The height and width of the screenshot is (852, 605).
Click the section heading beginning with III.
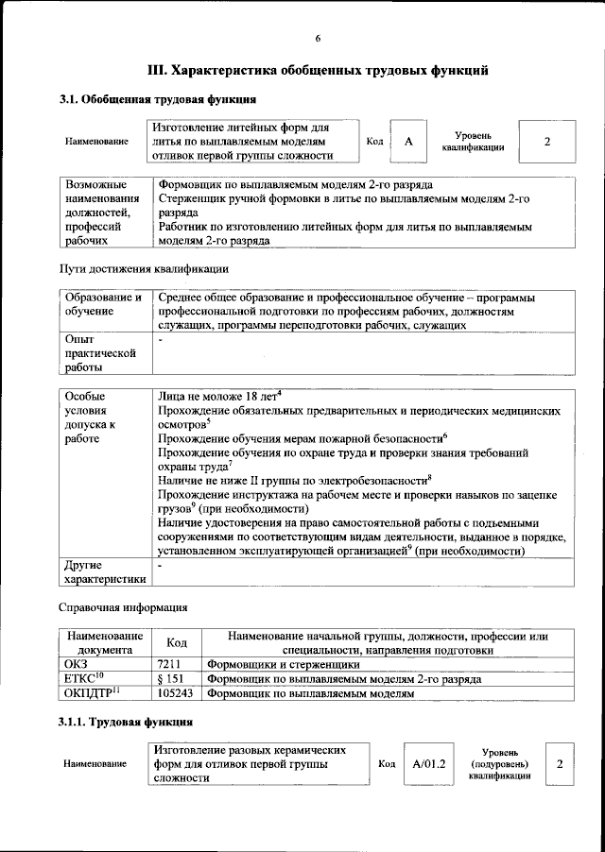point(318,70)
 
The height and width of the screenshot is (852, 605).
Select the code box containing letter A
point(408,142)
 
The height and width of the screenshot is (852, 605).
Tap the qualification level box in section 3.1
point(546,142)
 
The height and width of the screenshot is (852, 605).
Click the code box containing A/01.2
point(428,762)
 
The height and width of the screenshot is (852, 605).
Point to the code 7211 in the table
point(168,665)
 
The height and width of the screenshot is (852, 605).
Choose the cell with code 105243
point(175,693)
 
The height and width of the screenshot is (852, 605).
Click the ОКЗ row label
point(75,665)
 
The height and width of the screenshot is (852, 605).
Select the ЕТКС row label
point(83,679)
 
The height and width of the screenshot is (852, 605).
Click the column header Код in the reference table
point(176,643)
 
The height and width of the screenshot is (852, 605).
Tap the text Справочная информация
point(123,606)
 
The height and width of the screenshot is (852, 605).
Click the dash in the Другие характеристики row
point(161,565)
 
